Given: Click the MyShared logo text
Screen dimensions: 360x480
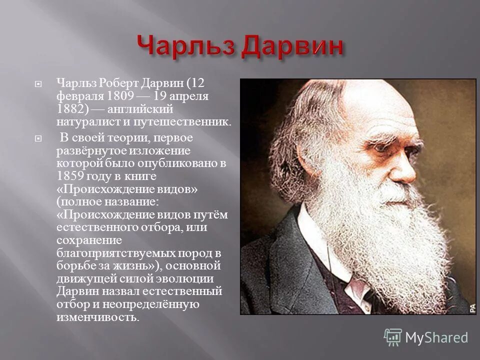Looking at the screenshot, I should click(436, 338).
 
